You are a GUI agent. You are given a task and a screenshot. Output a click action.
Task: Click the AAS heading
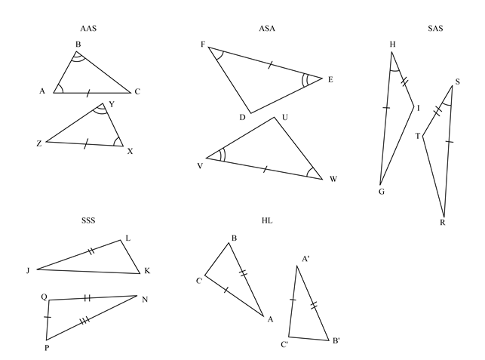88,29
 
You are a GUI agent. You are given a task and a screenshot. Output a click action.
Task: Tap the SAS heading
434,29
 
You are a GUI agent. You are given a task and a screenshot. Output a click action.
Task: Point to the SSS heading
88,220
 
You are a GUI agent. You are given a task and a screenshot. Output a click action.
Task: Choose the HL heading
267,220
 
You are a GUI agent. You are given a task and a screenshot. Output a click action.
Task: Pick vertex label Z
38,143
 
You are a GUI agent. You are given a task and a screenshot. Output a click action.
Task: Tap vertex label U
284,117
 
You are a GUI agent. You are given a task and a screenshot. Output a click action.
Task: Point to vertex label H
392,44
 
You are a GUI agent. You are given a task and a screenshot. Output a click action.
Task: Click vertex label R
442,222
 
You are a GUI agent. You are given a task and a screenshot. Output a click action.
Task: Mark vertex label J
27,269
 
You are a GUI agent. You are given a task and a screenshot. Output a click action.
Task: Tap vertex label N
144,299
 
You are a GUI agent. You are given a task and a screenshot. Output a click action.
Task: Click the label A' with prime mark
305,258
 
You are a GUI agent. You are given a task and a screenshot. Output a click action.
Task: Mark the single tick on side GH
386,109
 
